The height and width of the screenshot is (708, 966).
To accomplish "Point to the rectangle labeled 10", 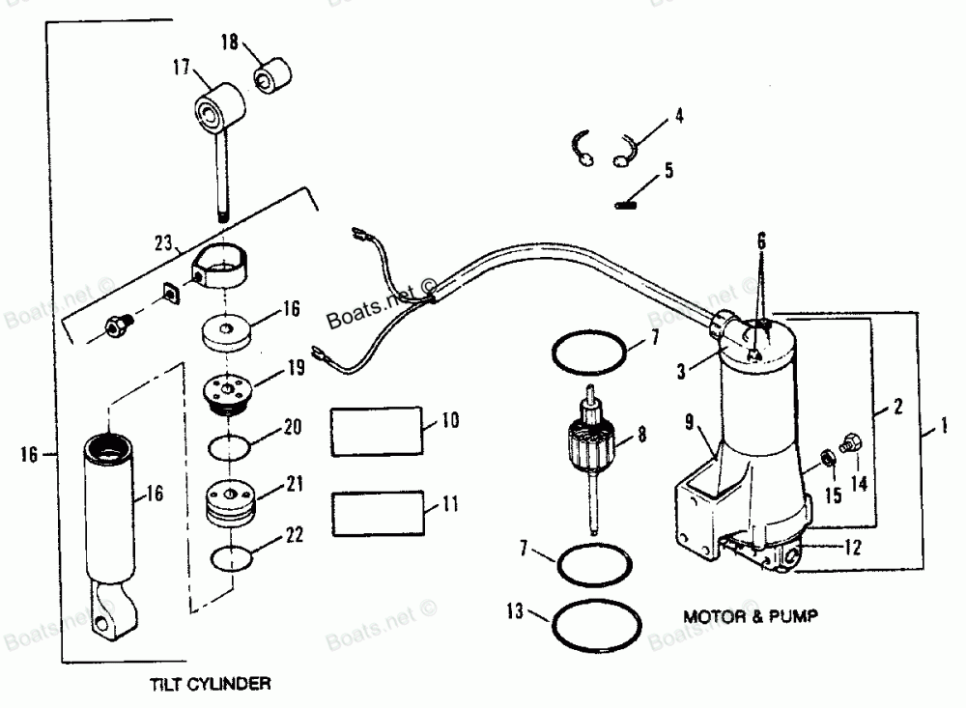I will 377,428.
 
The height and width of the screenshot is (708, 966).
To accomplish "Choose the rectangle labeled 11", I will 377,511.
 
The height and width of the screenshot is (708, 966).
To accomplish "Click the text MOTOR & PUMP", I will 743,615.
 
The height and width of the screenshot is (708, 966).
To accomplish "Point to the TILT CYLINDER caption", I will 211,684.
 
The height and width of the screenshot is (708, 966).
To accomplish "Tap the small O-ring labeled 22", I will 233,559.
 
